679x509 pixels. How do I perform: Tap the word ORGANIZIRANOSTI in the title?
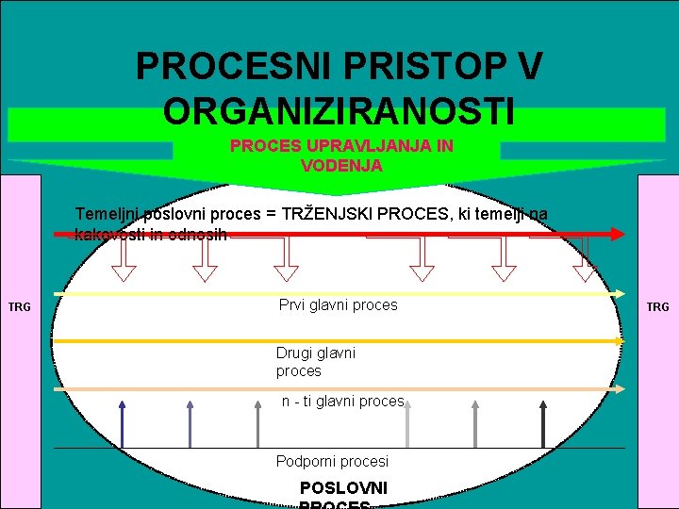(x=339, y=110)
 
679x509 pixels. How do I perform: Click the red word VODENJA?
(x=341, y=165)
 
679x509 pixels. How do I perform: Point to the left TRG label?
(x=19, y=306)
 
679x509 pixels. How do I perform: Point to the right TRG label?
(x=657, y=306)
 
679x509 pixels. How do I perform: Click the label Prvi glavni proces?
(x=338, y=304)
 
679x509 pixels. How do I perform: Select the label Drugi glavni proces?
(x=316, y=361)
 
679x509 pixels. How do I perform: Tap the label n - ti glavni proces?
(x=342, y=401)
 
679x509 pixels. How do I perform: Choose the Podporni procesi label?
(x=332, y=461)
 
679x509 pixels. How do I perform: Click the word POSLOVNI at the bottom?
(x=342, y=488)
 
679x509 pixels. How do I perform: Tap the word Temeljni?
(x=108, y=214)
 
